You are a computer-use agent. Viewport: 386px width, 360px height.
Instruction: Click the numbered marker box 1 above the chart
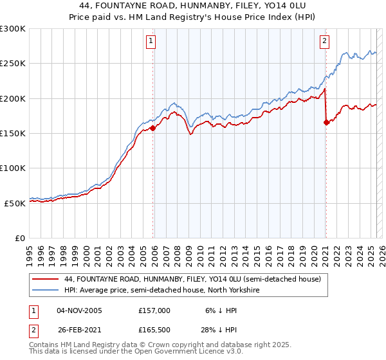pyautogui.click(x=151, y=41)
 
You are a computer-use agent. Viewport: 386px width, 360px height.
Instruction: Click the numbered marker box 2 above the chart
pyautogui.click(x=324, y=41)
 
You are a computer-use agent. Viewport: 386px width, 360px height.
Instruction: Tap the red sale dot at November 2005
pyautogui.click(x=153, y=129)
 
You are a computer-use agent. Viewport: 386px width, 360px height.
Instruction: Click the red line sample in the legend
pyautogui.click(x=45, y=279)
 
